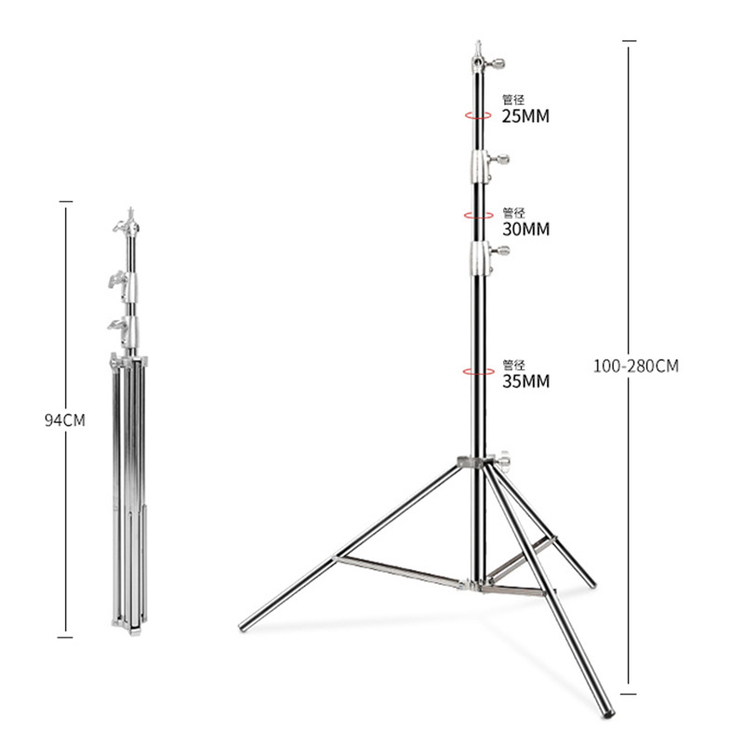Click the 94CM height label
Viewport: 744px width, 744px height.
[x=65, y=420]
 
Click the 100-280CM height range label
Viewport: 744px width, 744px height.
[x=636, y=365]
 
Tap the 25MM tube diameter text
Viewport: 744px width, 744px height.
[x=525, y=116]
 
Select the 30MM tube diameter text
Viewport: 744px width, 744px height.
[x=525, y=229]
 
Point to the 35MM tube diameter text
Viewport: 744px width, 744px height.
[x=525, y=381]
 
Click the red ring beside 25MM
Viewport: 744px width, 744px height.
[x=478, y=115]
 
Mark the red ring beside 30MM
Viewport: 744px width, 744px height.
[x=478, y=216]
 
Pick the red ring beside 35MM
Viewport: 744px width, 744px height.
[x=478, y=371]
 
